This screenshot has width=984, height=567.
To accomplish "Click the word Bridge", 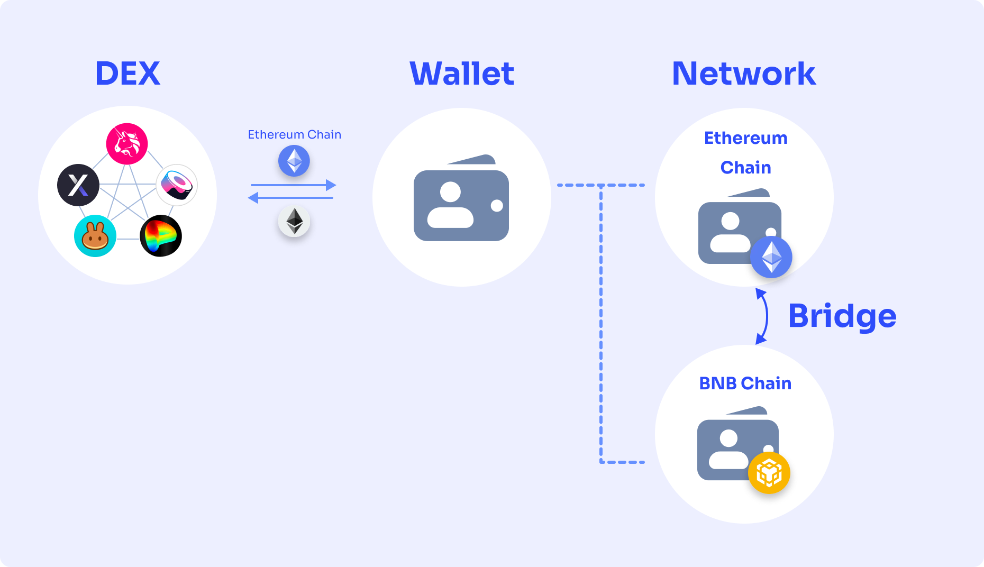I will [842, 316].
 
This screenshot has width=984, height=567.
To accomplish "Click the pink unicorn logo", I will [127, 143].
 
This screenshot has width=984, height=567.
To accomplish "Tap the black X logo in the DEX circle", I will [78, 185].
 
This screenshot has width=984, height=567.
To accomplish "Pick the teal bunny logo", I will [95, 236].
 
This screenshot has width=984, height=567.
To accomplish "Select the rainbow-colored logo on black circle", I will [161, 236].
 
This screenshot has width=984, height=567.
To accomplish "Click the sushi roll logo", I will [177, 185].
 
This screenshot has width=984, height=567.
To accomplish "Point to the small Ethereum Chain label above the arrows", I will [295, 134].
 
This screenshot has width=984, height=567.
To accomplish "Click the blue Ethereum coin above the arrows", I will [294, 161].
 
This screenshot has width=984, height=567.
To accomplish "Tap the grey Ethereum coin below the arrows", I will [294, 221].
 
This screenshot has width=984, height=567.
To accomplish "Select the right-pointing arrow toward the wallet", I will [293, 185].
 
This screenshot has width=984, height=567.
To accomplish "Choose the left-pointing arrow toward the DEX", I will [290, 198].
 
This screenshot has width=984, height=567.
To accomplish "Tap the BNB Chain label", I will [745, 383].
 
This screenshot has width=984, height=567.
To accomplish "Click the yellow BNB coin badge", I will [769, 473].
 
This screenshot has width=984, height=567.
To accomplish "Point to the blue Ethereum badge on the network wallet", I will [771, 257].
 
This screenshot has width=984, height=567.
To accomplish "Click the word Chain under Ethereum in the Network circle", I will [745, 167].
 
